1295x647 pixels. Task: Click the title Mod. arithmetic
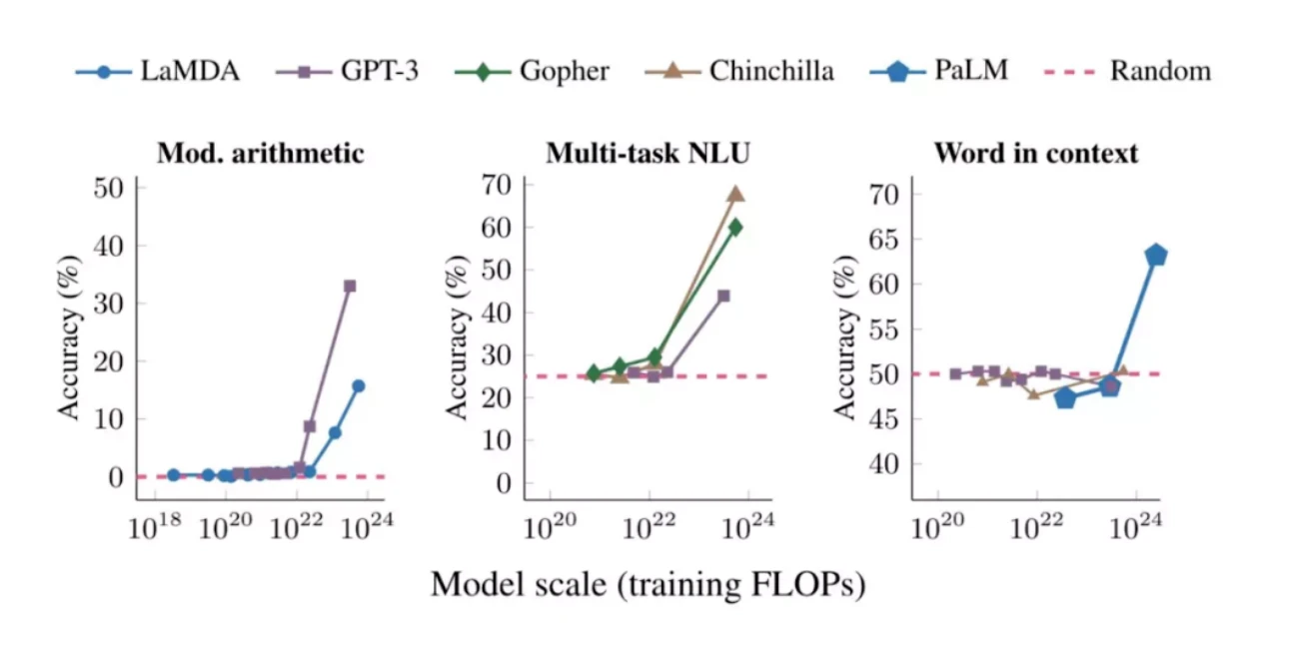pyautogui.click(x=260, y=153)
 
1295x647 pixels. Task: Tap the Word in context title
pyautogui.click(x=1035, y=153)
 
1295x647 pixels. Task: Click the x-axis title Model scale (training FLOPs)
pyautogui.click(x=647, y=584)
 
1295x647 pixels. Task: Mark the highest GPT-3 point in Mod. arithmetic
pyautogui.click(x=350, y=287)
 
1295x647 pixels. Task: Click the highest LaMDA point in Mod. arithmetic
pyautogui.click(x=358, y=385)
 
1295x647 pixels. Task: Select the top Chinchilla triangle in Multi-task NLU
pyautogui.click(x=735, y=194)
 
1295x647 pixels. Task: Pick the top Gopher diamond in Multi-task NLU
pyautogui.click(x=735, y=227)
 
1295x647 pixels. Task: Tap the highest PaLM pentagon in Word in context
pyautogui.click(x=1156, y=255)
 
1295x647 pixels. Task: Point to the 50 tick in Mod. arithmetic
pyautogui.click(x=110, y=188)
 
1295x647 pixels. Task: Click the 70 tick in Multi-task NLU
pyautogui.click(x=499, y=185)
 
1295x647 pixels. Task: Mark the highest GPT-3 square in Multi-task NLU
pyautogui.click(x=723, y=296)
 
